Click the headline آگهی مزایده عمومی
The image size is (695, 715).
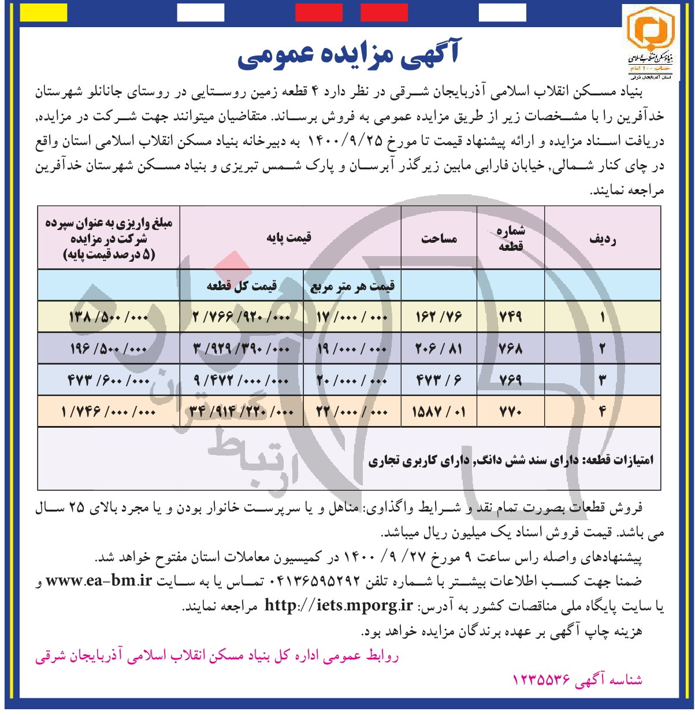point(348,55)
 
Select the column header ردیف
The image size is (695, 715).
point(602,239)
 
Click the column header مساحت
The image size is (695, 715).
point(439,238)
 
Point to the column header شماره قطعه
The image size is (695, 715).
point(511,238)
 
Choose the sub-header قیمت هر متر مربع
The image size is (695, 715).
point(352,286)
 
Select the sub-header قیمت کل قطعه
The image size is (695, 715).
point(241,286)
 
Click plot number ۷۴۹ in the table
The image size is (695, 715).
point(510,317)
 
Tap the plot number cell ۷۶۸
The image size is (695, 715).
point(510,349)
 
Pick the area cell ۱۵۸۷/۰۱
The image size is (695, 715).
point(438,412)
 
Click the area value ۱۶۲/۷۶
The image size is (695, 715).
point(438,317)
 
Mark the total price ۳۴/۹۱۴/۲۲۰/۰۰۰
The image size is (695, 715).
point(241,412)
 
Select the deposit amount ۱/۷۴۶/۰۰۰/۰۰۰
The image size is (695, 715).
point(109,412)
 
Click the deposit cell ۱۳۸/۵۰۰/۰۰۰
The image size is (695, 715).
point(109,317)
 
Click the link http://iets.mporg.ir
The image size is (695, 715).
point(339,606)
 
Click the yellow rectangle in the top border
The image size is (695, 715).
point(43,12)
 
